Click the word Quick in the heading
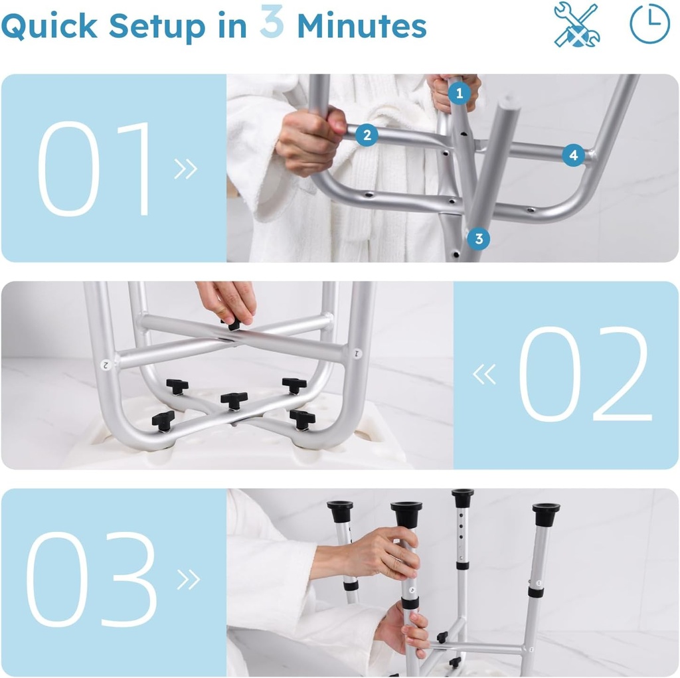(50, 27)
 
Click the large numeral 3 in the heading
(272, 22)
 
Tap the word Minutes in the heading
(362, 26)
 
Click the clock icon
(649, 24)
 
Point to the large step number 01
(96, 169)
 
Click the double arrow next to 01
(186, 169)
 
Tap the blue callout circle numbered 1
(459, 94)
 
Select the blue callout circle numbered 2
(366, 136)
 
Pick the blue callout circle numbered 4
(573, 156)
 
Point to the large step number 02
(584, 375)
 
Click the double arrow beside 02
(484, 375)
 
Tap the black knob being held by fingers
(232, 324)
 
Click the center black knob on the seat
(234, 400)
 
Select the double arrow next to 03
(188, 580)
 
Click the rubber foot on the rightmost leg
(545, 513)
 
